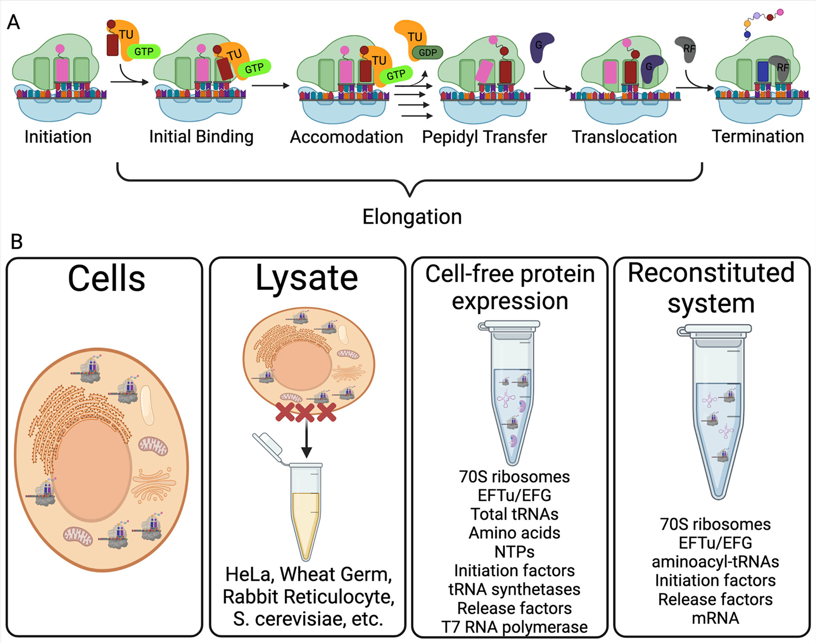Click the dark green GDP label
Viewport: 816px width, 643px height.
click(427, 53)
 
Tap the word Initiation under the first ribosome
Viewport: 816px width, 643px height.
click(58, 137)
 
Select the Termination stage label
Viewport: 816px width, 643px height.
click(758, 136)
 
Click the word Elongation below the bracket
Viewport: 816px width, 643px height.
click(412, 217)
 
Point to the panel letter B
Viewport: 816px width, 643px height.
click(17, 242)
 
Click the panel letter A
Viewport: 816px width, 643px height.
click(14, 22)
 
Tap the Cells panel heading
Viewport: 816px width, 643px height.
click(107, 279)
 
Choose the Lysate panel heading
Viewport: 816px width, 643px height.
click(307, 279)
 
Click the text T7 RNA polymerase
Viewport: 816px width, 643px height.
click(514, 627)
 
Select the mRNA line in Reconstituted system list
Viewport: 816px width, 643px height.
click(715, 618)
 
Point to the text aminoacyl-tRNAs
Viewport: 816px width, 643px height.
click(715, 561)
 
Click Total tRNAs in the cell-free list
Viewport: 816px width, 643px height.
click(514, 514)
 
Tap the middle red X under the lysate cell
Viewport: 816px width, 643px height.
click(305, 412)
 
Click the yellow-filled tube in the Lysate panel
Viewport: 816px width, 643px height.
click(306, 512)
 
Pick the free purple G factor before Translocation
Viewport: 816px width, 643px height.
click(541, 47)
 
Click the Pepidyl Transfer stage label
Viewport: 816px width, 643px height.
click(484, 137)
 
